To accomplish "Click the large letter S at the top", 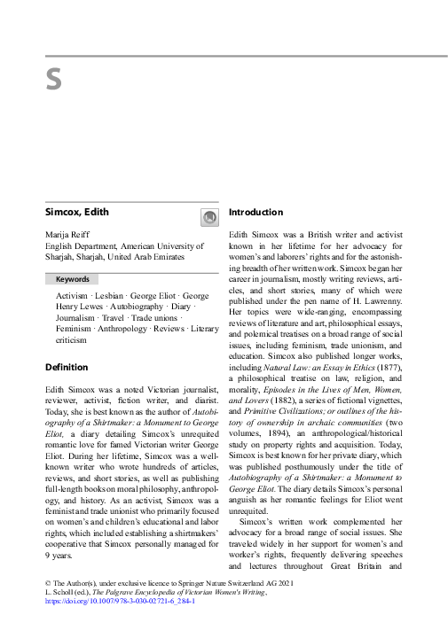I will (x=53, y=81).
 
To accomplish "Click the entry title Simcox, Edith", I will (x=77, y=213).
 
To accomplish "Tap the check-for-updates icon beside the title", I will (x=208, y=217).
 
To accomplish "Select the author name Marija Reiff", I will (x=69, y=234).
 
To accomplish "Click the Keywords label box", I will (x=73, y=279).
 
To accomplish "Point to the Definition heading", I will (x=67, y=367).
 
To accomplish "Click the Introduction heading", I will (x=255, y=213).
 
